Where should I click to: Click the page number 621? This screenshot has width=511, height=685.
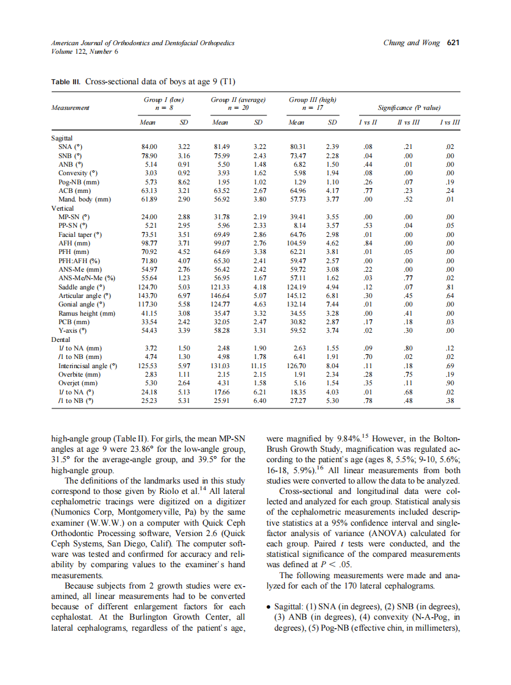click(x=452, y=43)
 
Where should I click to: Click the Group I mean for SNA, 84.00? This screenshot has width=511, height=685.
click(x=149, y=147)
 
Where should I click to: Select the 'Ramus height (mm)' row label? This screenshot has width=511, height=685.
click(x=86, y=313)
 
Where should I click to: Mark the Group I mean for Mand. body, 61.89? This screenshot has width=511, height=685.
click(x=149, y=199)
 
